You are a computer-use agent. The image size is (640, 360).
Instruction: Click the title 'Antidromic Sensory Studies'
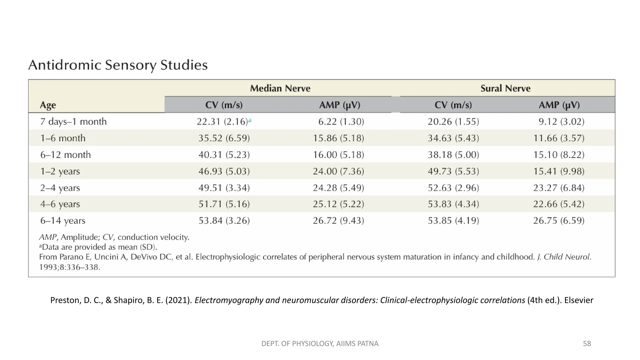pos(118,65)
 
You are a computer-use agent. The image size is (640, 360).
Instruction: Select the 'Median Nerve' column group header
pos(280,88)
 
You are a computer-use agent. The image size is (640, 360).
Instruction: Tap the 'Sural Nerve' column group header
pos(505,88)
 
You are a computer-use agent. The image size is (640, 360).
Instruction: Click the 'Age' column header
pos(48,105)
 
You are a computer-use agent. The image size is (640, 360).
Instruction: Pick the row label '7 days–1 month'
pos(73,122)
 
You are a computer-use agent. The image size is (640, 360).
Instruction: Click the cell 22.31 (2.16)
pos(222,122)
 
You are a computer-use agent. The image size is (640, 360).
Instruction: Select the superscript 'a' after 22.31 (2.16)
pos(250,120)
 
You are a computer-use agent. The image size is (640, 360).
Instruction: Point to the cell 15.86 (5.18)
pos(338,138)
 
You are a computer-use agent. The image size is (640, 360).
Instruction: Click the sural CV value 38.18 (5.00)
pos(453,155)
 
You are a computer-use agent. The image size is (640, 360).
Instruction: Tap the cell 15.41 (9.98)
pos(558,171)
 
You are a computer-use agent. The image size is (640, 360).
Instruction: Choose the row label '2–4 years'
pos(60,188)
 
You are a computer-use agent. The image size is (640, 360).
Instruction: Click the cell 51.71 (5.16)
pos(224,204)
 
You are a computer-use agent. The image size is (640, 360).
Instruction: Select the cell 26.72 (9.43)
pos(338,221)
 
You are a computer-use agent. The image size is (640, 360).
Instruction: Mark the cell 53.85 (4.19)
pos(453,221)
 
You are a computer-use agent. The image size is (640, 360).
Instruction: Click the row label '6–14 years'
pos(63,221)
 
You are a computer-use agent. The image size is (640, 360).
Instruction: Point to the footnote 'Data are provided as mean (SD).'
pos(99,247)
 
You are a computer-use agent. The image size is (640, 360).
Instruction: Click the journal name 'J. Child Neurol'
pos(564,257)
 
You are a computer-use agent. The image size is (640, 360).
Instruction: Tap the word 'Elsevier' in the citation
pos(578,300)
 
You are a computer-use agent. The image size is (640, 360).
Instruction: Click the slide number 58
pos(587,344)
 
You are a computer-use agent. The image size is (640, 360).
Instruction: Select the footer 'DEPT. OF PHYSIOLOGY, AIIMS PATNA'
pos(320,344)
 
